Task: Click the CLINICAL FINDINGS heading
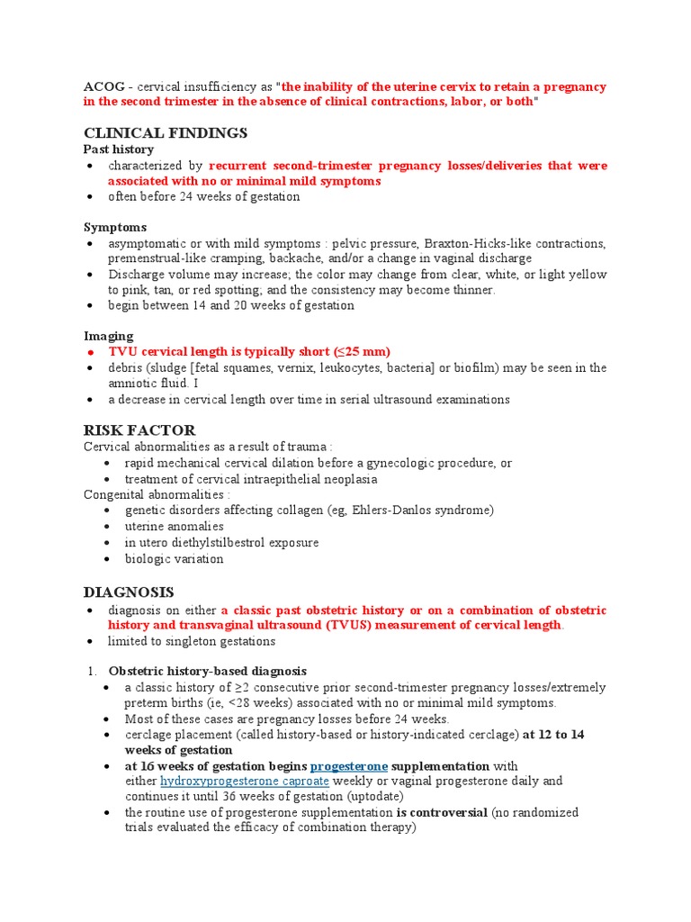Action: click(166, 133)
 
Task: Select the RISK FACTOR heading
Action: click(139, 430)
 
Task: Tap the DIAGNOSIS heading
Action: click(129, 592)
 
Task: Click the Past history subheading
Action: click(119, 149)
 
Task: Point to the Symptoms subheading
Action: click(115, 227)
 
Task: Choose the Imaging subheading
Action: click(109, 336)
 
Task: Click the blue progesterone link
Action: click(349, 765)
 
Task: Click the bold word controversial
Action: click(447, 812)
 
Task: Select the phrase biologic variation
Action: click(175, 559)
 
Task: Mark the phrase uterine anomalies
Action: click(175, 527)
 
